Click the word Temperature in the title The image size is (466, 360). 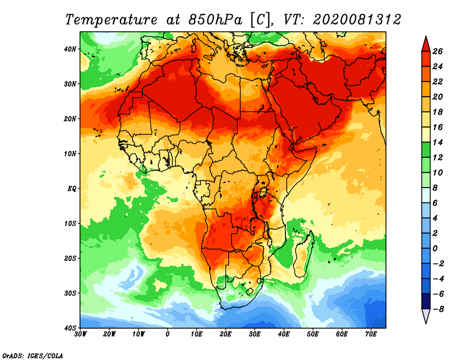(111, 20)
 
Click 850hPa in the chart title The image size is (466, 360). (216, 20)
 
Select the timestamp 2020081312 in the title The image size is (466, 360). (356, 20)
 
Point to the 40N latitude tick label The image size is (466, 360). (70, 49)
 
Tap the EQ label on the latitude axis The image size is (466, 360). (72, 189)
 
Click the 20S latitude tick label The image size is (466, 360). (70, 258)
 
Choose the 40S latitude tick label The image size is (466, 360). (70, 328)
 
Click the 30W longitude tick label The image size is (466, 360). (80, 334)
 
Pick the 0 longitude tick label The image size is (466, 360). (168, 334)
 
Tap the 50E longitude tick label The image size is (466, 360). (313, 334)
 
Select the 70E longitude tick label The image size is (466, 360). (371, 334)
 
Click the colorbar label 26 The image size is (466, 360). (437, 51)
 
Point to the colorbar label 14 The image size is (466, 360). (437, 142)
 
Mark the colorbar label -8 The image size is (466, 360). (437, 309)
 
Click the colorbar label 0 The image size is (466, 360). (435, 249)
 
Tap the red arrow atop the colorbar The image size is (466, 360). (426, 44)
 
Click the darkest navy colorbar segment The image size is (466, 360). (426, 301)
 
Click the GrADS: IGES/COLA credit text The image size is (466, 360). (33, 356)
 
